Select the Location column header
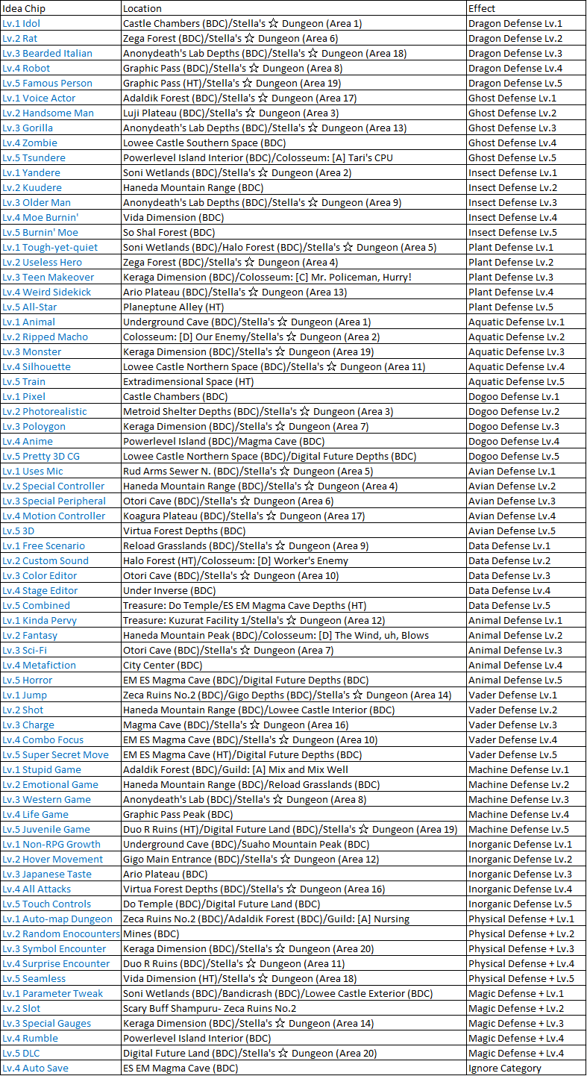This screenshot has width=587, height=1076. (x=142, y=8)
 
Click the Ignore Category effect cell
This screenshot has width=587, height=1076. (x=504, y=1068)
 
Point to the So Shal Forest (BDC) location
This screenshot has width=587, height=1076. (x=169, y=232)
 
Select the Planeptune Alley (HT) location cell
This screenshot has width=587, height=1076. (x=171, y=307)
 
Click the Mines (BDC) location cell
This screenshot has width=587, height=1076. (x=151, y=933)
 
